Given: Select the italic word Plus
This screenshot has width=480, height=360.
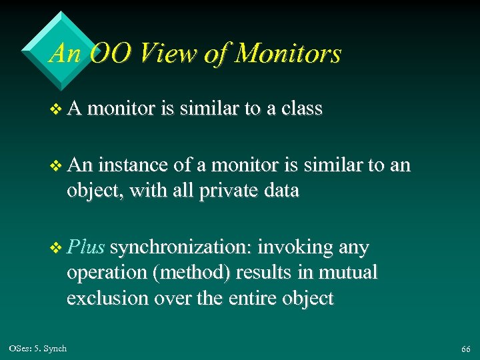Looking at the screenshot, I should tap(85, 247).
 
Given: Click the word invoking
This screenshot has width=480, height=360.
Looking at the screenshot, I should tap(295, 247).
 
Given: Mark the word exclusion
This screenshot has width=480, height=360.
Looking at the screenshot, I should tap(107, 298).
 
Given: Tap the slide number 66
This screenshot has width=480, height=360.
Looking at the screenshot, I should tap(465, 349).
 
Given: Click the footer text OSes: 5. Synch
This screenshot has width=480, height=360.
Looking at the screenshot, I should tap(38, 349).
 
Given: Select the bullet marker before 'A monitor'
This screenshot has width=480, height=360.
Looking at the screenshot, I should tap(55, 109).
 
